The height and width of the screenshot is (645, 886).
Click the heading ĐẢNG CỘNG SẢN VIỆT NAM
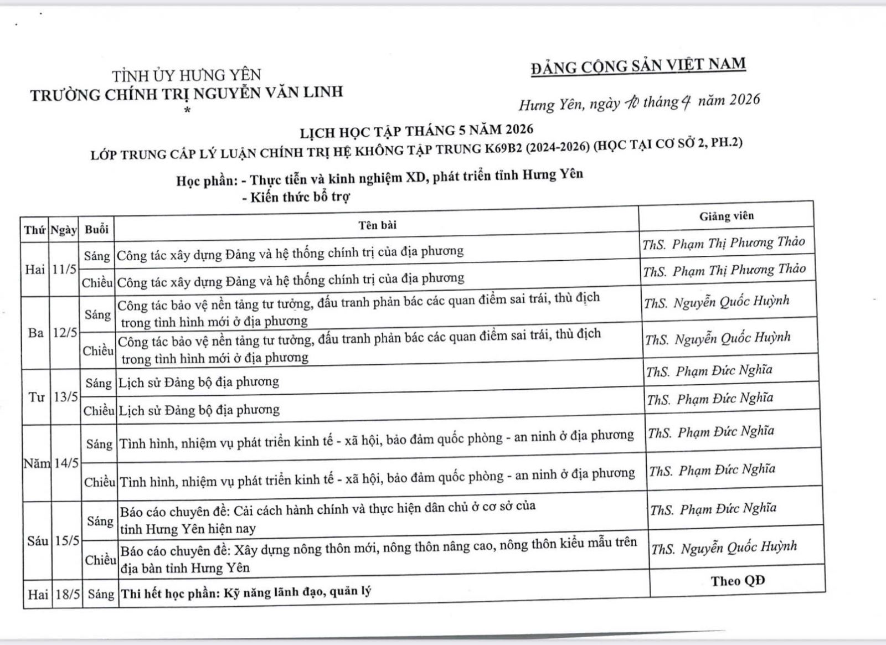coord(638,66)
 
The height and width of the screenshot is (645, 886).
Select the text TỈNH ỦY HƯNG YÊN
coord(187,75)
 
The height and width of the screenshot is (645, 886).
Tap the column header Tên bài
coord(377,225)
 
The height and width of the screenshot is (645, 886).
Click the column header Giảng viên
coord(726,216)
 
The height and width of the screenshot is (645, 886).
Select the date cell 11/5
coord(65,270)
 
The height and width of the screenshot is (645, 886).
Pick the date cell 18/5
coord(68,594)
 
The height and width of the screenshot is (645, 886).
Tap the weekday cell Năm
coord(37,463)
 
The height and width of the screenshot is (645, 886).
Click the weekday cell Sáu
coord(38,540)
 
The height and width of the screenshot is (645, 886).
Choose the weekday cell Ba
coord(35,333)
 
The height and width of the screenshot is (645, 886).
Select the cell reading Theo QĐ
coord(738,581)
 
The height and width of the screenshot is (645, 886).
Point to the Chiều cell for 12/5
coord(99,350)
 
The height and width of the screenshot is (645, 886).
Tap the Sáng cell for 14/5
coord(99,444)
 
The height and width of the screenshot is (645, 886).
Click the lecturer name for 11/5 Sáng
coord(724,243)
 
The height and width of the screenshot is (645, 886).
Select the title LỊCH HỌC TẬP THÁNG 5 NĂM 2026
coord(416,131)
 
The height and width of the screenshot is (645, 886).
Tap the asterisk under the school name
coord(187,110)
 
